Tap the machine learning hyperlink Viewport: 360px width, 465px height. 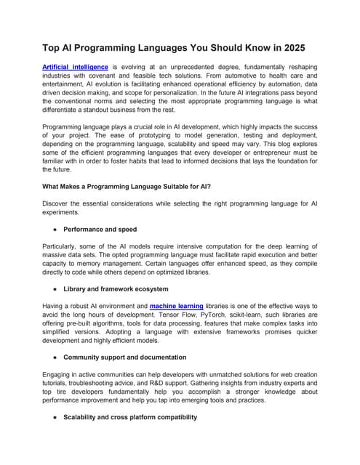(176, 307)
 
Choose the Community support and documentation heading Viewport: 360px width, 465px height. (124, 357)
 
